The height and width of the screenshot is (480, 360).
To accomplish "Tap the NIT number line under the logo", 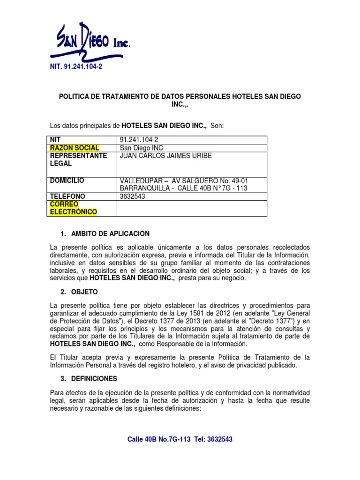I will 75,67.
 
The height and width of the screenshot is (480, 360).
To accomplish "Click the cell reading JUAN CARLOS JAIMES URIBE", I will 166,156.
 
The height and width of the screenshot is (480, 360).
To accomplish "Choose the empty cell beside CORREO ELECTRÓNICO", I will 191,209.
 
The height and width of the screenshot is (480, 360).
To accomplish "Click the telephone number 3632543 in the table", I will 133,196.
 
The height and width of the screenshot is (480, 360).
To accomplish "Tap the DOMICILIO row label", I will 67,180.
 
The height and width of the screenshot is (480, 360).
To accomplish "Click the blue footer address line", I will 180,439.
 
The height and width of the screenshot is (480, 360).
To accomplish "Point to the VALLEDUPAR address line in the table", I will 184,181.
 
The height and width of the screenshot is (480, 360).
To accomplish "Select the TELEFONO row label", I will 68,196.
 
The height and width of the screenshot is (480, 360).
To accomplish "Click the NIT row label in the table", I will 56,140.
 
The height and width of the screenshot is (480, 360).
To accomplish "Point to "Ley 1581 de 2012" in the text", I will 220,313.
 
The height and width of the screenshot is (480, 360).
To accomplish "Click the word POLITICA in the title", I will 74,96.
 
